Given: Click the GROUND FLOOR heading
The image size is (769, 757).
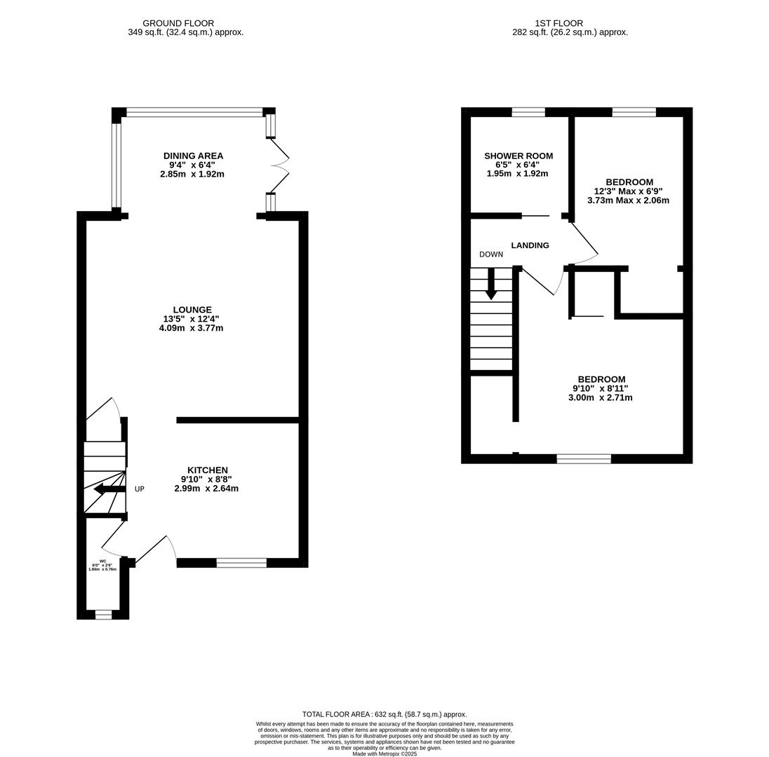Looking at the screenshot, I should click(178, 23).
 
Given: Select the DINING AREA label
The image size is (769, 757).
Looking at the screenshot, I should click(193, 156).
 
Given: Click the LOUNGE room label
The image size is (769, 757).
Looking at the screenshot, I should click(192, 310).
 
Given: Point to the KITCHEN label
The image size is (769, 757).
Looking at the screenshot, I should click(207, 470).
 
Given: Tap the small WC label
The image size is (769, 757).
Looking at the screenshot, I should click(102, 561).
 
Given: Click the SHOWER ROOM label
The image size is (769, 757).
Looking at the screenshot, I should click(518, 156).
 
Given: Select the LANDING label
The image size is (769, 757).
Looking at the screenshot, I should click(530, 245).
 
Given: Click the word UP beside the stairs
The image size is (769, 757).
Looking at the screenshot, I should click(140, 489).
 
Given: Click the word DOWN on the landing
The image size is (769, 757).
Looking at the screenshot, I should click(491, 254).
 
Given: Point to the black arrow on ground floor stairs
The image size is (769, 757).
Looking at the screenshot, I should click(109, 489).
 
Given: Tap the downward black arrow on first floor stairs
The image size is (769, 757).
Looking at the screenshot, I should click(491, 284).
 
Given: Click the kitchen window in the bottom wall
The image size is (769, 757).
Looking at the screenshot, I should click(241, 562).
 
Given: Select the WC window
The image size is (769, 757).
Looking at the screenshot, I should click(103, 615).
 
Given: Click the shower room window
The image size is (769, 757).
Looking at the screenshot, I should click(528, 112).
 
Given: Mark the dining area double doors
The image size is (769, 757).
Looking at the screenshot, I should click(279, 165).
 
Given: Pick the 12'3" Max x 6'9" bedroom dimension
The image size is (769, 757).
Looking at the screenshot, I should click(628, 191).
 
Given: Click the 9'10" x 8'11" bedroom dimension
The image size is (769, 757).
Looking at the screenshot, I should click(600, 388).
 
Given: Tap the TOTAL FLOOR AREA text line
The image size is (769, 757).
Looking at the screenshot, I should click(384, 714).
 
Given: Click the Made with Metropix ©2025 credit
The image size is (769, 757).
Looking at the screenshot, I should click(384, 753).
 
